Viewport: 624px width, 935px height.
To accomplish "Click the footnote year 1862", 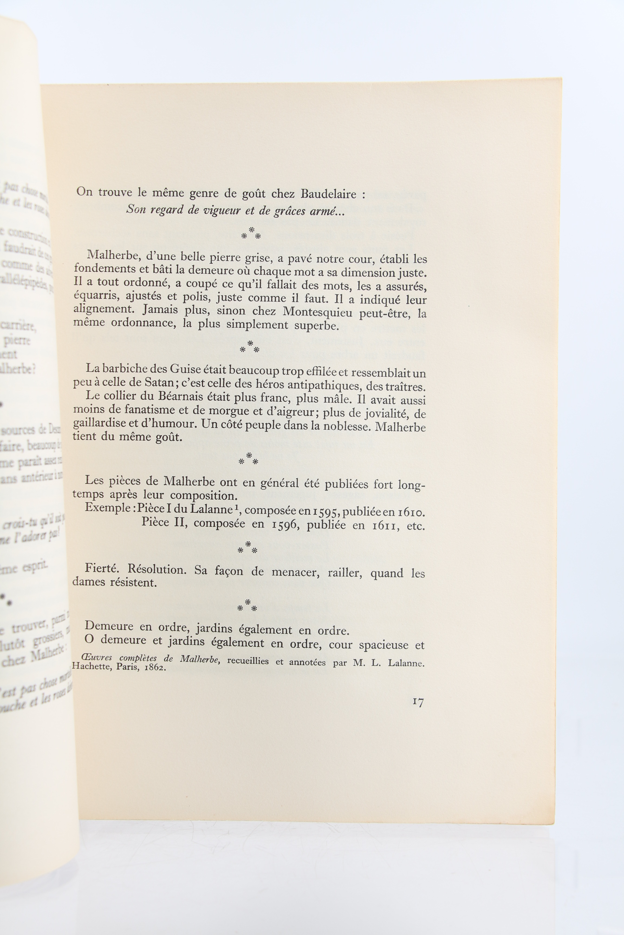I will (x=155, y=667).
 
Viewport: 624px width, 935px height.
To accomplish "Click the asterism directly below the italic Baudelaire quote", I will (x=251, y=234).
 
